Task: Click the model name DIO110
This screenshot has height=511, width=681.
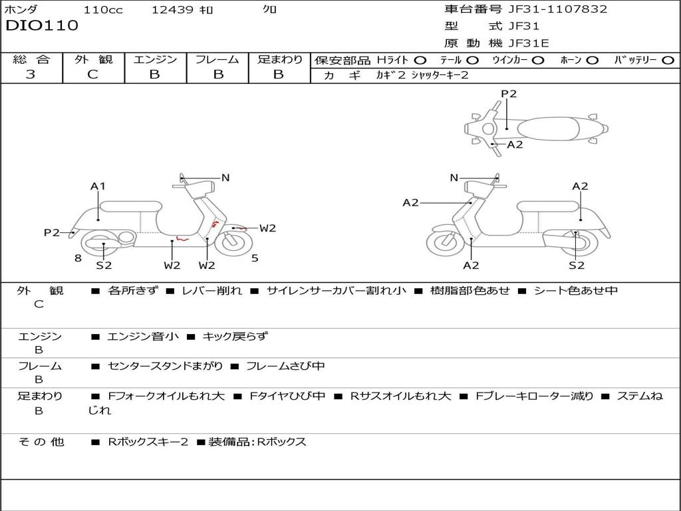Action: coord(42,25)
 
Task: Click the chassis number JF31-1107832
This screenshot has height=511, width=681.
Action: coord(558,9)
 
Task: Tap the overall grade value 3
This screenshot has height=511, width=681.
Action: coord(31,74)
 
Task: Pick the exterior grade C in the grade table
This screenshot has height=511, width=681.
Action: coord(92,74)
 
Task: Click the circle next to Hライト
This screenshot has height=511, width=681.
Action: coord(420,61)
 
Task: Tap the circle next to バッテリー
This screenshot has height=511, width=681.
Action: coord(668,61)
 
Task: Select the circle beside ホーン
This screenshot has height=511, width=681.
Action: coord(592,61)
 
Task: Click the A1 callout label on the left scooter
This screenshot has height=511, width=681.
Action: coord(98,186)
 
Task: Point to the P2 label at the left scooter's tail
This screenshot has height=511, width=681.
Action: coord(51,232)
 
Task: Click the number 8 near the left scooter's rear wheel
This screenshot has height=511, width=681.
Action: coord(78,258)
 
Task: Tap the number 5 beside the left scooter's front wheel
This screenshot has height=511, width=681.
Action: coord(255,258)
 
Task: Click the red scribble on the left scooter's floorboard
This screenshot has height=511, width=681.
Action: coord(182,238)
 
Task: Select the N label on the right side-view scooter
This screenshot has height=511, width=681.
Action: coord(454,178)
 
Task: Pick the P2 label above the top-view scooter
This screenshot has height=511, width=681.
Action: coord(509,94)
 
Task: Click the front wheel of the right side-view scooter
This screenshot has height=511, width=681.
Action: coord(444,242)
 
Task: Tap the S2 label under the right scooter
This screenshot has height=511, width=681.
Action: coord(577,265)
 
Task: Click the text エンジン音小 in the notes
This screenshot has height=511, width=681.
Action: coord(142,336)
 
